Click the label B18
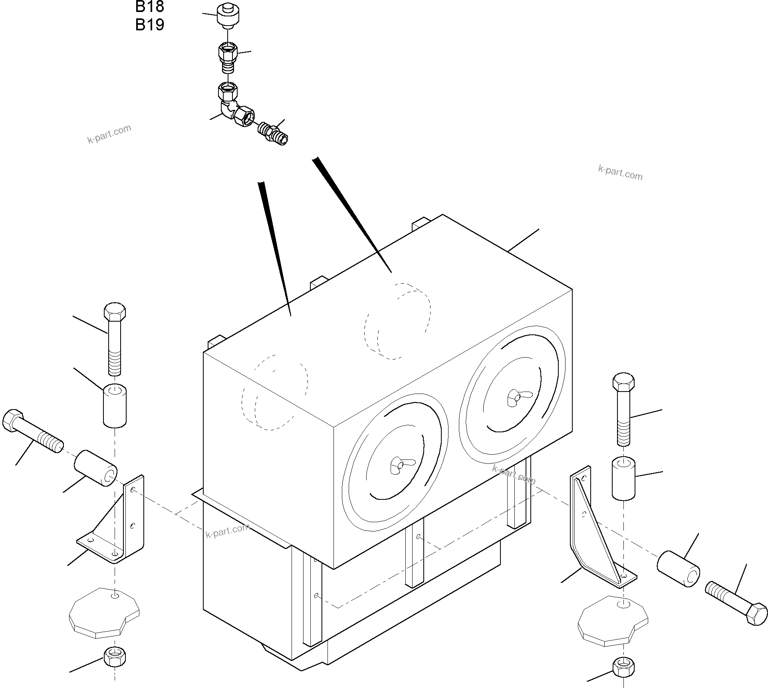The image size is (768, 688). pos(150,6)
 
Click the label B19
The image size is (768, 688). pos(150,25)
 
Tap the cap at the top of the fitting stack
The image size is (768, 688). pos(228,16)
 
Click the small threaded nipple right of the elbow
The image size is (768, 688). pos(274,133)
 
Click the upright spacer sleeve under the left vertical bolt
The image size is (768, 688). pos(115,405)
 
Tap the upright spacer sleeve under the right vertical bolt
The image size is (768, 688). pos(623,479)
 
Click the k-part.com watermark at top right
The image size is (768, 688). pos(620,173)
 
